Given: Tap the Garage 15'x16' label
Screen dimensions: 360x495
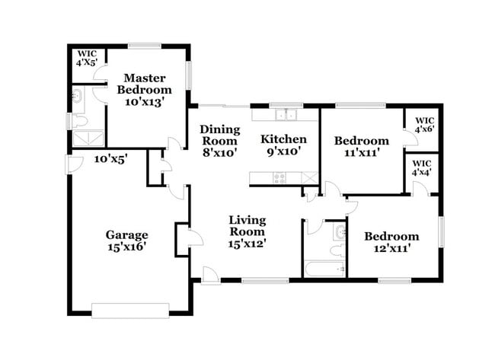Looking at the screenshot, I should coord(126,241).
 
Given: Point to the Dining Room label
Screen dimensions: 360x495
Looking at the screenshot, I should coord(220,140).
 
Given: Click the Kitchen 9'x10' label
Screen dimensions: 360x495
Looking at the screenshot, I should coord(284,145).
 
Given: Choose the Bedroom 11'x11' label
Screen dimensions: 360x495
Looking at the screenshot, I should coord(357,146).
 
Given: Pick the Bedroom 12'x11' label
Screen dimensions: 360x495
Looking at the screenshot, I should coord(391,242).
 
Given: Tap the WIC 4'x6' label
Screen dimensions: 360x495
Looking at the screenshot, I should coord(423,125).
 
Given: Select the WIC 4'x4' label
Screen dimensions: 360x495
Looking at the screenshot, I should coord(422,167).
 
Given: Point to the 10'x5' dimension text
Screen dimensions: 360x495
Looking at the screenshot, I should coord(110,160).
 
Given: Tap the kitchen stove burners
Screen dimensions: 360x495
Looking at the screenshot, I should coord(279,178).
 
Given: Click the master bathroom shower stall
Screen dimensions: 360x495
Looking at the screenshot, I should coord(88,139).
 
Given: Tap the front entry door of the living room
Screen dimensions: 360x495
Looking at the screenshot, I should coord(211,276).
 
